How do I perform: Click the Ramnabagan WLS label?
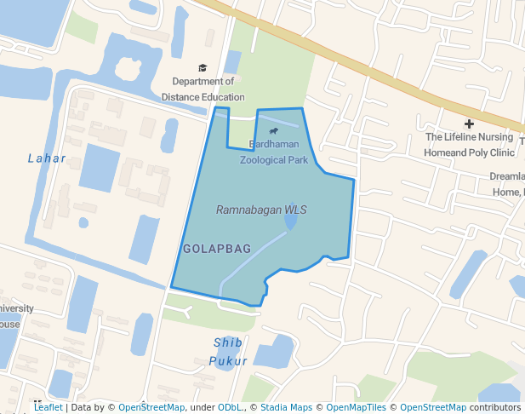click(261, 210)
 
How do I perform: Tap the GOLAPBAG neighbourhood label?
click(217, 249)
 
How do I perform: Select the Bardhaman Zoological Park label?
click(273, 152)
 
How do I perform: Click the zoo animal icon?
click(274, 132)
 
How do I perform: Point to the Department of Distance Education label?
click(203, 89)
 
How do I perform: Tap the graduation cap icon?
click(203, 68)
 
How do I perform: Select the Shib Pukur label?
click(228, 351)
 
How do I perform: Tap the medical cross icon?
click(469, 124)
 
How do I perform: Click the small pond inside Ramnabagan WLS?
click(291, 221)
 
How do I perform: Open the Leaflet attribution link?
click(48, 408)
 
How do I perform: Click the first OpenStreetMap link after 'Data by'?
click(151, 408)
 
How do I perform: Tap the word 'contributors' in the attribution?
click(495, 408)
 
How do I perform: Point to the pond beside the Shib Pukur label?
click(274, 351)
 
